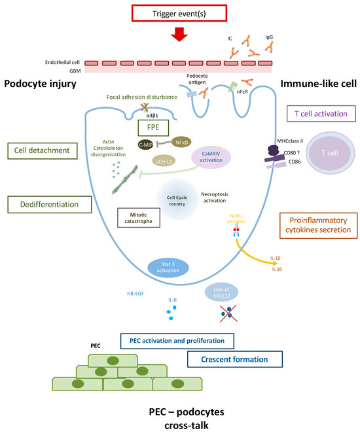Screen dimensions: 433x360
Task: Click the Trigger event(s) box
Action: pyautogui.click(x=180, y=12)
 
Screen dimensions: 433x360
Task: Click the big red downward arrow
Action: pyautogui.click(x=180, y=37)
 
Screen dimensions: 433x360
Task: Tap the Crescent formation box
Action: pyautogui.click(x=234, y=359)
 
